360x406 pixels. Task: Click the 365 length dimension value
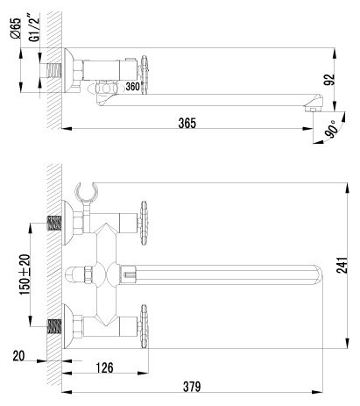coord(187,123)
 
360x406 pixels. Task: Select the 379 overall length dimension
coord(192,387)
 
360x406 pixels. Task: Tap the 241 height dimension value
coord(342,266)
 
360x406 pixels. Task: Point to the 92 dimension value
coord(329,80)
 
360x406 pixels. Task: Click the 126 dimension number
coord(104,367)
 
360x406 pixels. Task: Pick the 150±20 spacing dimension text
coord(25,274)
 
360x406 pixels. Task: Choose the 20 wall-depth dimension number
coord(19,356)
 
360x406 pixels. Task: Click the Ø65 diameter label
coord(16,28)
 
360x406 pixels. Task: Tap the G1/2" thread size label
coord(35,27)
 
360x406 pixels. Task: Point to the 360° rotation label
coord(133,87)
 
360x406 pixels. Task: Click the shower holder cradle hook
coord(86,192)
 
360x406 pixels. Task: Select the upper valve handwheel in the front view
coord(144,223)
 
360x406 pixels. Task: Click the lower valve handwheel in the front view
coord(144,326)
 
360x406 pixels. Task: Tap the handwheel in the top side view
coord(145,75)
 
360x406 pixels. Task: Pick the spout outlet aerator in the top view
coord(313,109)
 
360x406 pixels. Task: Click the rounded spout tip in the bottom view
coord(317,274)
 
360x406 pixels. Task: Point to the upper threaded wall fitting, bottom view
coord(54,223)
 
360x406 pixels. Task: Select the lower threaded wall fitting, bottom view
coord(54,326)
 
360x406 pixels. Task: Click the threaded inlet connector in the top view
coord(54,70)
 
